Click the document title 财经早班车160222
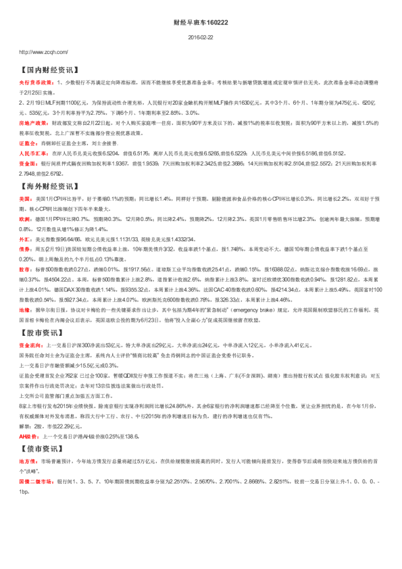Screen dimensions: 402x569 pyautogui.click(x=201, y=22)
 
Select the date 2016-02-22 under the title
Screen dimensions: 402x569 pyautogui.click(x=201, y=39)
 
